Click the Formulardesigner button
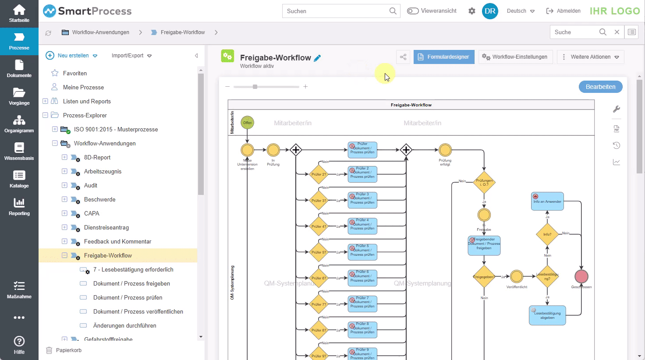pyautogui.click(x=444, y=57)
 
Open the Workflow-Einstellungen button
pyautogui.click(x=515, y=57)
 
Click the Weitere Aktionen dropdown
pyautogui.click(x=590, y=57)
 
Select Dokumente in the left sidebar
pyautogui.click(x=19, y=69)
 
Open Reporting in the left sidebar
pyautogui.click(x=19, y=207)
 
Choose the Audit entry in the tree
pyautogui.click(x=91, y=185)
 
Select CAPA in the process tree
pyautogui.click(x=92, y=213)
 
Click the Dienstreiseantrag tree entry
pyautogui.click(x=106, y=227)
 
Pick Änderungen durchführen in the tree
pyautogui.click(x=124, y=325)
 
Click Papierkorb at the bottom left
pyautogui.click(x=68, y=350)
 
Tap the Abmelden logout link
pyautogui.click(x=564, y=11)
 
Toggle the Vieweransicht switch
pyautogui.click(x=413, y=11)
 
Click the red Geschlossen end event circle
pyautogui.click(x=581, y=276)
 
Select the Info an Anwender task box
pyautogui.click(x=547, y=201)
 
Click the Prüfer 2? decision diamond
pyautogui.click(x=319, y=174)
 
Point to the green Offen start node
pyautogui.click(x=248, y=123)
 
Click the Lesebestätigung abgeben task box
pyautogui.click(x=547, y=315)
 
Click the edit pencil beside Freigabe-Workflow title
pyautogui.click(x=317, y=58)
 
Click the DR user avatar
pyautogui.click(x=490, y=11)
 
